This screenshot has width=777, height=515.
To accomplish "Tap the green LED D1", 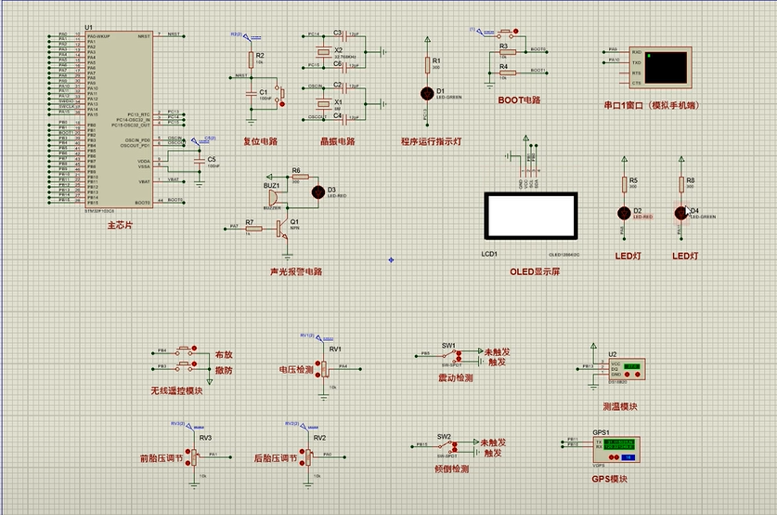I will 427,93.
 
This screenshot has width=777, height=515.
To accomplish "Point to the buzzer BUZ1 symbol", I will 271,195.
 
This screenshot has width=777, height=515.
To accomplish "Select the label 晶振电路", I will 337,142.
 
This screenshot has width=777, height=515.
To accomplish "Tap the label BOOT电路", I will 518,99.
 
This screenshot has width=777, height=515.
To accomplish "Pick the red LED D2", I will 623,212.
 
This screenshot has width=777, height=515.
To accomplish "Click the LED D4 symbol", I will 680,212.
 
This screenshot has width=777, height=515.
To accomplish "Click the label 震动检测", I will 455,378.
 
